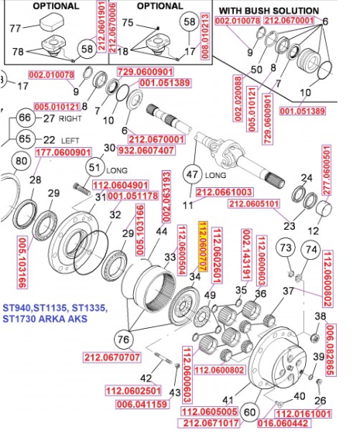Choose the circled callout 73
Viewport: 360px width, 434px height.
286,248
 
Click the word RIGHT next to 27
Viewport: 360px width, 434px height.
71,118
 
